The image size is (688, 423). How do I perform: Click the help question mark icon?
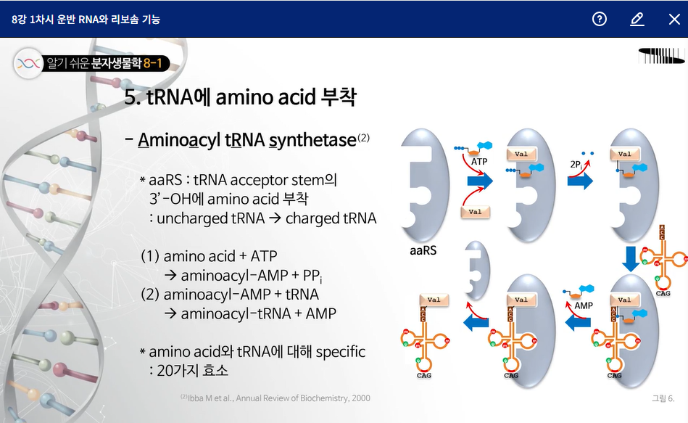click(x=599, y=19)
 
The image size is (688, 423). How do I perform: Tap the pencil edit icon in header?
click(x=637, y=19)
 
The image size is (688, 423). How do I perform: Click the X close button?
click(x=674, y=19)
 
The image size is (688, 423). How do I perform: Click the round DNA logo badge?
click(x=28, y=63)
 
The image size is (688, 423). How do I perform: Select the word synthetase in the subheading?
click(x=313, y=140)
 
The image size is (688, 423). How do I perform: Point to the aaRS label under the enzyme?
click(x=423, y=250)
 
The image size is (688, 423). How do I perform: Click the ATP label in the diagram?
click(x=479, y=162)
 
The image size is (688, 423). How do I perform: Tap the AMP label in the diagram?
click(x=584, y=305)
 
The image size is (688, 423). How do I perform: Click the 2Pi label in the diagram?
click(x=576, y=165)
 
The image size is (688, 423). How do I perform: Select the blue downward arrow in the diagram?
click(x=631, y=258)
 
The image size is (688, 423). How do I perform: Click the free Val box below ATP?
click(x=475, y=212)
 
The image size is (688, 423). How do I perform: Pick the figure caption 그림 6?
click(x=663, y=398)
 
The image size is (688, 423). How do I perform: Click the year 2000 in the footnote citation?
click(x=360, y=398)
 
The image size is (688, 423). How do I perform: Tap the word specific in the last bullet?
click(x=341, y=351)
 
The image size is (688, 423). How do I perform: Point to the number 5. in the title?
click(x=132, y=97)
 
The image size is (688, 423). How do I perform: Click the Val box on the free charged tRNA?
click(x=434, y=300)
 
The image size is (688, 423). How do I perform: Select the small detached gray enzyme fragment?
click(x=477, y=270)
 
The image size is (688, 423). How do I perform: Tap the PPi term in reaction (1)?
click(x=312, y=276)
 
